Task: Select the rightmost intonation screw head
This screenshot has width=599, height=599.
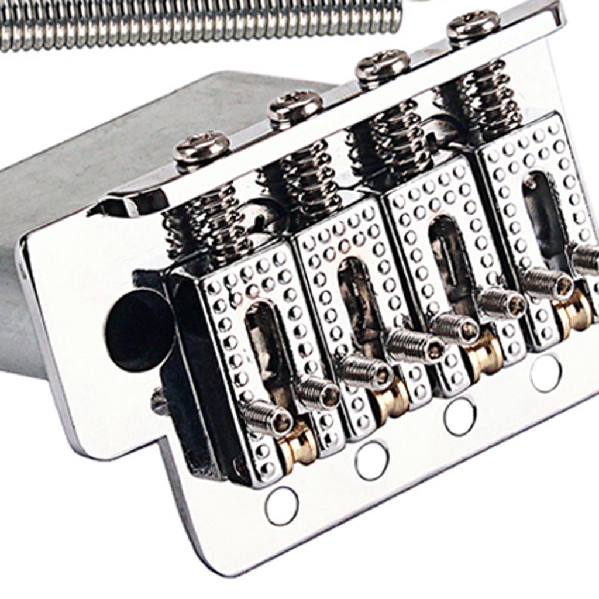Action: [x=473, y=25]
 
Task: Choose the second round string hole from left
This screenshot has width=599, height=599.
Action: [x=372, y=460]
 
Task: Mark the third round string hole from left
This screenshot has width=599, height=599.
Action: [x=459, y=416]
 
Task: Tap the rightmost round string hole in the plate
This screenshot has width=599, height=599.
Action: [x=545, y=373]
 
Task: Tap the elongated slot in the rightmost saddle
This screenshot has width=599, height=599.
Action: [x=536, y=211]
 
